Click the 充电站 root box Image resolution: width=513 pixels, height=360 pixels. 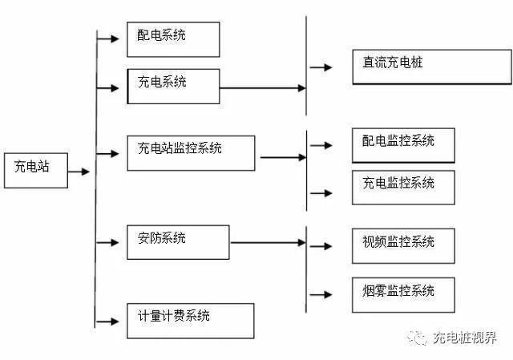[36, 169]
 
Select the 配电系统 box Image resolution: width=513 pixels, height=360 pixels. [173, 39]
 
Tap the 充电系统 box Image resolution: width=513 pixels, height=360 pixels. [173, 85]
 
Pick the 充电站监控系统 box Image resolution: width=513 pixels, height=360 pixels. [191, 152]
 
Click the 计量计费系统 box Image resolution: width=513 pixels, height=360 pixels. [191, 320]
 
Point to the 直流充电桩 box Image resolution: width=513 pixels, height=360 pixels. [431, 67]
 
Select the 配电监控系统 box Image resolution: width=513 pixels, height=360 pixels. [403, 145]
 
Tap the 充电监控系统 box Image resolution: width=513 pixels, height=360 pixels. [403, 188]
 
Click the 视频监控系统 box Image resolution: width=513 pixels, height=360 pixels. [403, 245]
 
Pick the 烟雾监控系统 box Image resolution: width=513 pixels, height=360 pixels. [403, 294]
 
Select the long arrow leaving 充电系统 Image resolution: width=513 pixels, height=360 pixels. [262, 88]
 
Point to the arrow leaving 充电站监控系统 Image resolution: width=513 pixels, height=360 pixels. [282, 156]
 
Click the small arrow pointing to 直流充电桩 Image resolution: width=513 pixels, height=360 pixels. [321, 68]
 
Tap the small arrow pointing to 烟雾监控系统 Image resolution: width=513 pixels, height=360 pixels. [321, 294]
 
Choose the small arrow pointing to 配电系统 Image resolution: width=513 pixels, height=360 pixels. [107, 38]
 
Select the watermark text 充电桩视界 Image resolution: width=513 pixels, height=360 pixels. [464, 338]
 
